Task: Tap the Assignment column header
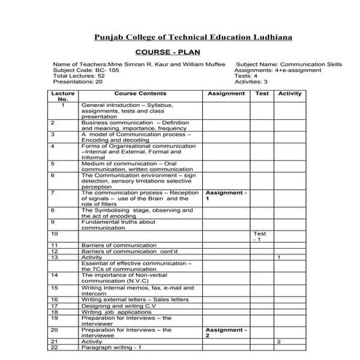pos(226,94)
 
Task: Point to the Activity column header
pos(289,94)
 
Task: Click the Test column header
pos(262,94)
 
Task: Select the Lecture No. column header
pos(63,97)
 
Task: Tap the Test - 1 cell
pos(260,236)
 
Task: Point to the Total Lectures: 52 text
pos(79,76)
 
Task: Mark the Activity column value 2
pos(279,341)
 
